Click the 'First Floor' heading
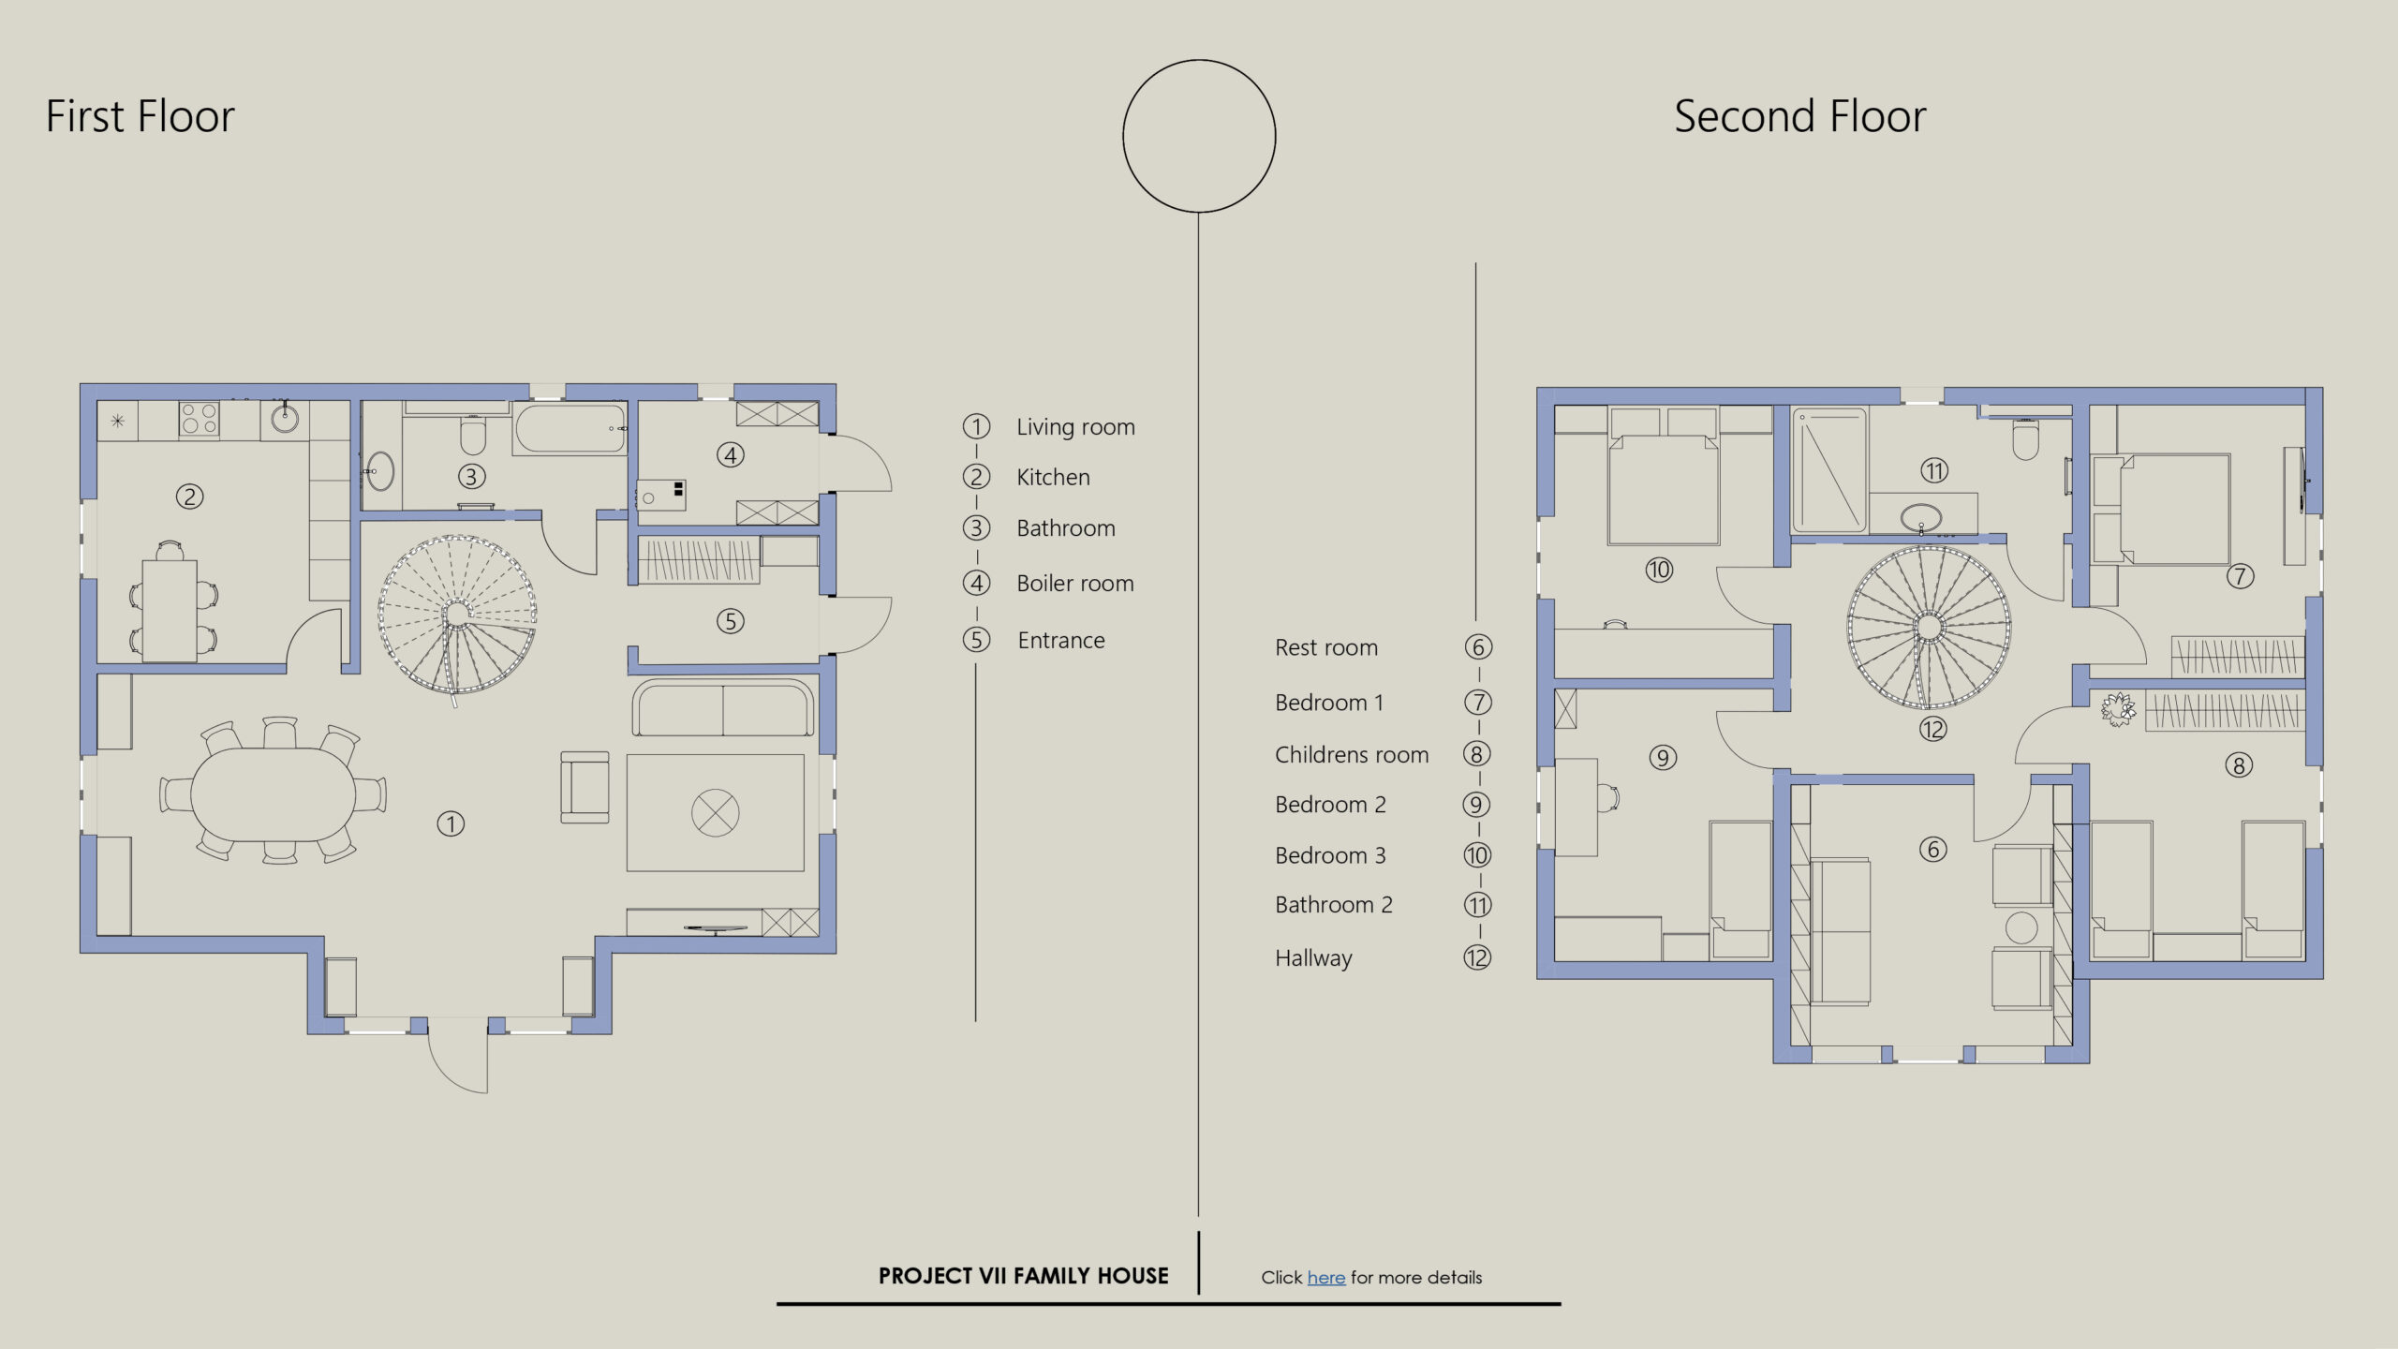pos(140,117)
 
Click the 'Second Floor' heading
pos(1799,117)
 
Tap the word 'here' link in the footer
pos(1326,1277)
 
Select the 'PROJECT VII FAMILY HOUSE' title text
pos(1024,1276)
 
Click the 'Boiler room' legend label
pos(1075,584)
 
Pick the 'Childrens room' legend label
pos(1352,755)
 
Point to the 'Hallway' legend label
pos(1313,958)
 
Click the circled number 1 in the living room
pos(451,823)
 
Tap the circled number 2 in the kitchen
pos(189,497)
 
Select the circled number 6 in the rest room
pos(1932,850)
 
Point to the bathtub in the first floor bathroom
pos(570,430)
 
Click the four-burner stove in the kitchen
pos(199,419)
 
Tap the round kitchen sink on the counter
pos(286,418)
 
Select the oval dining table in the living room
pos(274,794)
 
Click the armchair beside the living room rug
pos(585,788)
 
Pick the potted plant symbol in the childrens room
pos(2118,708)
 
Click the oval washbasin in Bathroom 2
pos(1922,516)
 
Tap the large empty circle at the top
pos(1199,137)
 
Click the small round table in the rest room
pos(2021,927)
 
